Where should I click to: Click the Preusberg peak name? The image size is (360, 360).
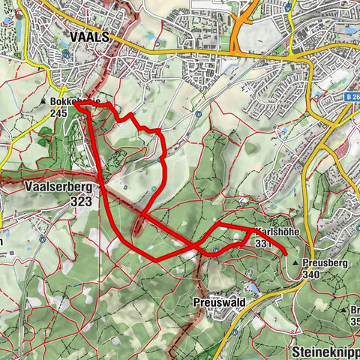coord(328,264)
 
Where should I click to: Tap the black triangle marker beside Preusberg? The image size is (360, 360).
coord(306,264)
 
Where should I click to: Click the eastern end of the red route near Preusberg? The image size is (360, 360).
coord(286,254)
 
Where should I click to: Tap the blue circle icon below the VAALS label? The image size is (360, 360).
coord(67,54)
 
